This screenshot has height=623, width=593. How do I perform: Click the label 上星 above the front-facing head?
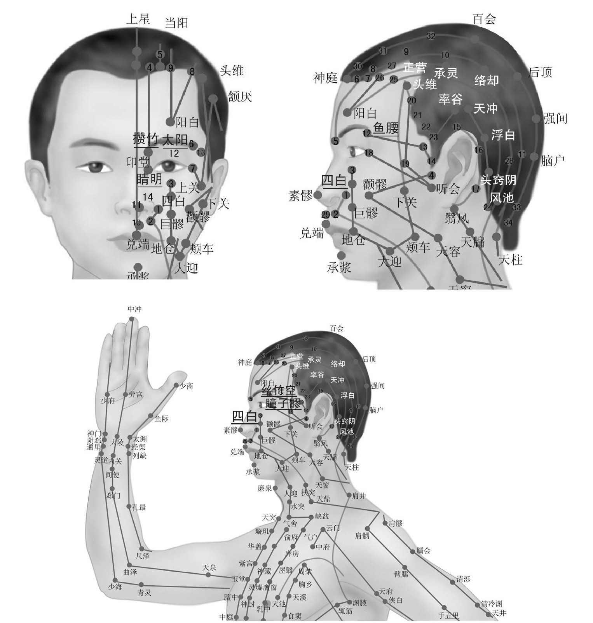tap(138, 19)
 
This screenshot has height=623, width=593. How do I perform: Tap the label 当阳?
tap(176, 23)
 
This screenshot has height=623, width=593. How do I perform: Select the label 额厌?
tap(240, 96)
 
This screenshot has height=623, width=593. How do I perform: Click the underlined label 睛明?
tap(149, 179)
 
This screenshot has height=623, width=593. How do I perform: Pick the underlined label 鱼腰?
tap(385, 128)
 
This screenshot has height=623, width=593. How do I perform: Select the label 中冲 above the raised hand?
tap(134, 309)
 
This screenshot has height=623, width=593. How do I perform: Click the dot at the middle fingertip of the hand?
tap(131, 319)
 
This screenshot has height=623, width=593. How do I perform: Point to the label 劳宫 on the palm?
tap(136, 395)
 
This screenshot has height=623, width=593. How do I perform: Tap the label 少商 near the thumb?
tap(186, 386)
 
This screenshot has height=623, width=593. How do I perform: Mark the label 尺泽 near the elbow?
tap(143, 556)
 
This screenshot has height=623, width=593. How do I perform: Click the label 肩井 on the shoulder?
tap(359, 496)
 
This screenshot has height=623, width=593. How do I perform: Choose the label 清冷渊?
tap(492, 604)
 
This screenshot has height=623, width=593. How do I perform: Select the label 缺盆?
tap(322, 517)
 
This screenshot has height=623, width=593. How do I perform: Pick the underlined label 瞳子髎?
tap(283, 403)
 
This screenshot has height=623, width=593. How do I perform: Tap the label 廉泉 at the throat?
tap(265, 488)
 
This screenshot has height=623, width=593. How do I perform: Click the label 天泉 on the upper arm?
tap(209, 568)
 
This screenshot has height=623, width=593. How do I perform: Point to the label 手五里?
tap(448, 616)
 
